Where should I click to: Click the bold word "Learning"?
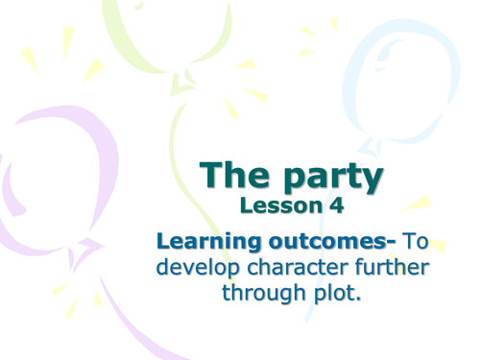pyautogui.click(x=203, y=240)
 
